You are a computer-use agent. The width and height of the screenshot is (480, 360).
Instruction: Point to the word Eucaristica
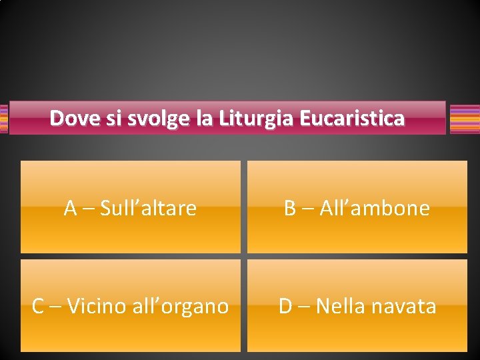(x=352, y=119)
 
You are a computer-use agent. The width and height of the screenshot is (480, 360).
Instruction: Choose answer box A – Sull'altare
(x=131, y=207)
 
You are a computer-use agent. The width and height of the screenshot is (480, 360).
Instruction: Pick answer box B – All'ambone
(x=357, y=207)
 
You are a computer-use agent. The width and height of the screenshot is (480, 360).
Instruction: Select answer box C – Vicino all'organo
(x=131, y=305)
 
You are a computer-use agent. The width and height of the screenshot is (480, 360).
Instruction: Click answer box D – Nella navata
(x=357, y=305)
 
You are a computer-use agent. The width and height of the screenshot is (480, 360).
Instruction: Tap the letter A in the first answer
(x=71, y=209)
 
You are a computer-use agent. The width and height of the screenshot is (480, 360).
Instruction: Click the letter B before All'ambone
(x=290, y=209)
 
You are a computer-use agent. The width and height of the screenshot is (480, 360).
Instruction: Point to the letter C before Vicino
(x=38, y=307)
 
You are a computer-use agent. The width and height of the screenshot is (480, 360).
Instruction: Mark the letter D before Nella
(x=285, y=307)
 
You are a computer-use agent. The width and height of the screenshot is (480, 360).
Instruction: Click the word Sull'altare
(x=149, y=209)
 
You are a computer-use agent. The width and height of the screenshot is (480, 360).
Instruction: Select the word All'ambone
(x=375, y=209)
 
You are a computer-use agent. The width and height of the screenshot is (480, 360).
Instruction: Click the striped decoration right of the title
(x=465, y=119)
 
